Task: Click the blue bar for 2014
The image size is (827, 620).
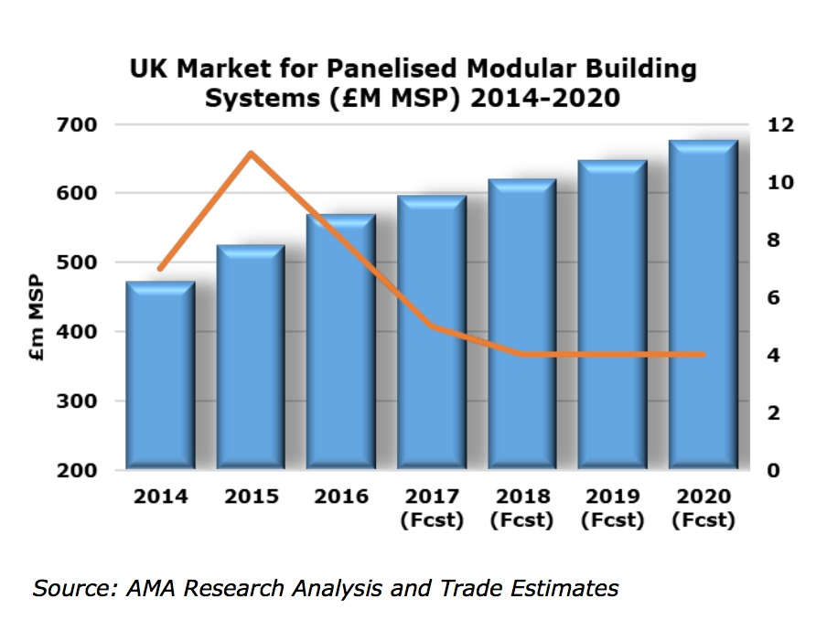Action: pyautogui.click(x=160, y=379)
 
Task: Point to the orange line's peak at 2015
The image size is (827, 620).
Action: pyautogui.click(x=251, y=153)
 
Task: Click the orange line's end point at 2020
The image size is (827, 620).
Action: pyautogui.click(x=703, y=354)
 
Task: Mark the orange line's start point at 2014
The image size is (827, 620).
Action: pyautogui.click(x=160, y=269)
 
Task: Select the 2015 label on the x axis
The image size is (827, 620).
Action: pyautogui.click(x=251, y=497)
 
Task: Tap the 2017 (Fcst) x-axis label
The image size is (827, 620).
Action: pyautogui.click(x=431, y=508)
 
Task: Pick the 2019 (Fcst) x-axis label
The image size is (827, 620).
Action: pyautogui.click(x=612, y=508)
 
